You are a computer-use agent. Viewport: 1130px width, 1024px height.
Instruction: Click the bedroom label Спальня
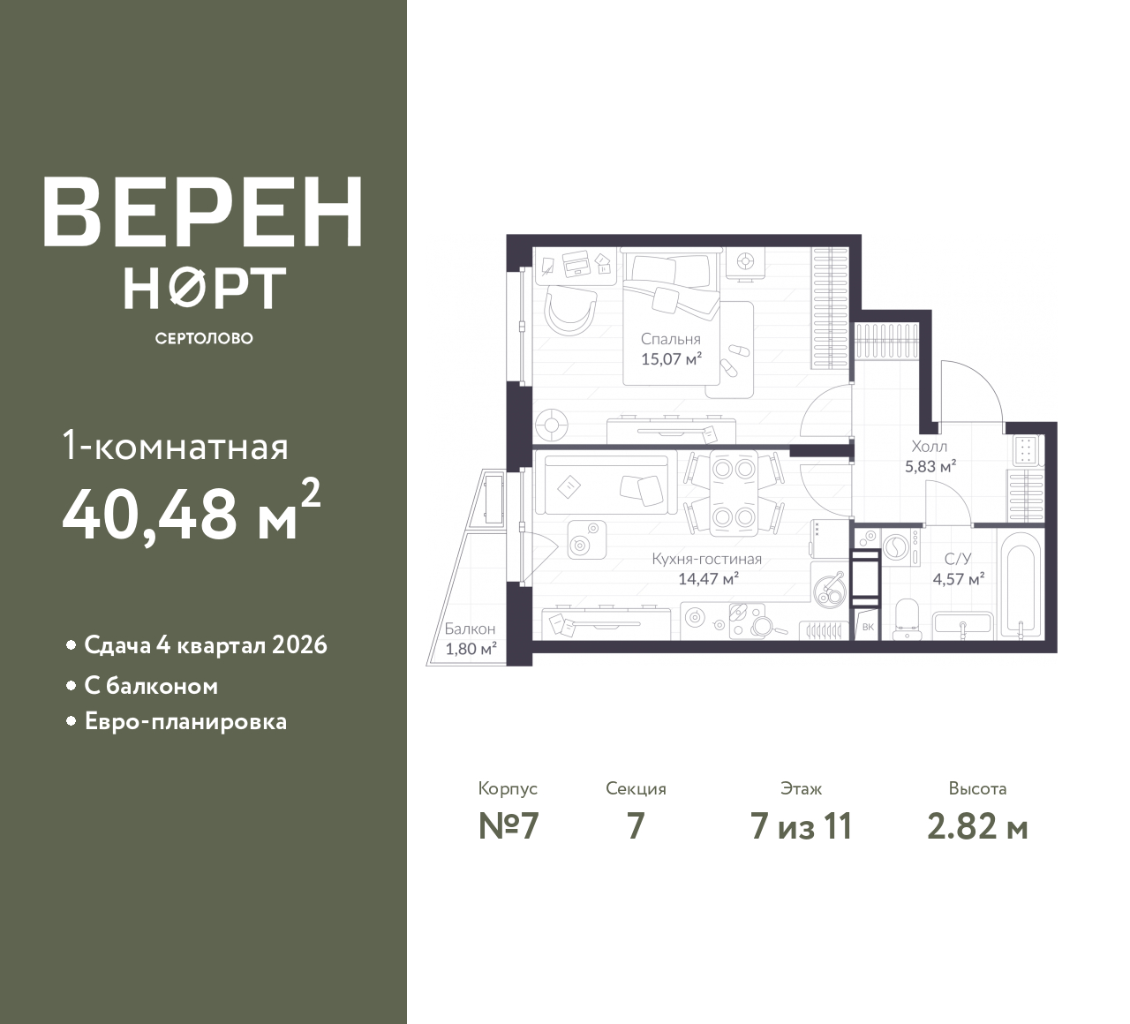(x=670, y=339)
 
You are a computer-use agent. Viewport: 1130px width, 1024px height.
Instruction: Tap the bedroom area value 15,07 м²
(x=671, y=358)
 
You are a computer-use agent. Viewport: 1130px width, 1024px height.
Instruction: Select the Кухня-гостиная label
(x=706, y=559)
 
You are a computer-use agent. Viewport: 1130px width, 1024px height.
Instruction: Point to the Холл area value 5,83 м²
(x=930, y=466)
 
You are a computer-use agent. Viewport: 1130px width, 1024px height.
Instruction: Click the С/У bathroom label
(x=958, y=559)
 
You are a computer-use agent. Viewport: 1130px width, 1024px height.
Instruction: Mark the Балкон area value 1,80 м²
(x=471, y=649)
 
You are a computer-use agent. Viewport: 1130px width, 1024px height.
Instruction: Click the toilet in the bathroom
(x=907, y=619)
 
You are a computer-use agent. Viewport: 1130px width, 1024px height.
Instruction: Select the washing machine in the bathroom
(x=900, y=547)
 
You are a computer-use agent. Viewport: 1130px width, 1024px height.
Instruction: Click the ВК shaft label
(x=868, y=627)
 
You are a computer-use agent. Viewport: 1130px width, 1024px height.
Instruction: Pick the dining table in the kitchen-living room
(x=734, y=493)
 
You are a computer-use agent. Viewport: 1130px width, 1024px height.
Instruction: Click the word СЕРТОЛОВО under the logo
(x=203, y=338)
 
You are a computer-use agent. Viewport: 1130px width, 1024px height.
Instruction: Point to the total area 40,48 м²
(x=192, y=511)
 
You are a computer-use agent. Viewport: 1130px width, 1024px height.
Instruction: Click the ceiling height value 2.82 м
(x=977, y=827)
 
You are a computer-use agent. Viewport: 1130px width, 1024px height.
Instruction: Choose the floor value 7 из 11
(x=801, y=827)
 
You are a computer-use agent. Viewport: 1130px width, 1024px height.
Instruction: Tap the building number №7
(x=508, y=827)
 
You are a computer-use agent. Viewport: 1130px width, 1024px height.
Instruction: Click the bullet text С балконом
(x=151, y=686)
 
